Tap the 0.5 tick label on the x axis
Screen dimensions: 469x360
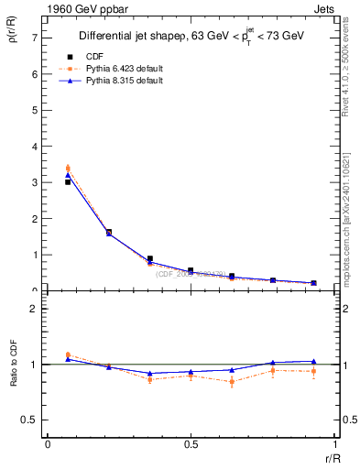(190, 444)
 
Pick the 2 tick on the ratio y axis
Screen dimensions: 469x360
(34, 309)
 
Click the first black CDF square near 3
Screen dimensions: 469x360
(68, 182)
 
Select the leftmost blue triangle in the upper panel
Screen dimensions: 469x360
(68, 175)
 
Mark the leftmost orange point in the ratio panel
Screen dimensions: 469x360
(68, 354)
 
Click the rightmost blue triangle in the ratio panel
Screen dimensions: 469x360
(313, 362)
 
